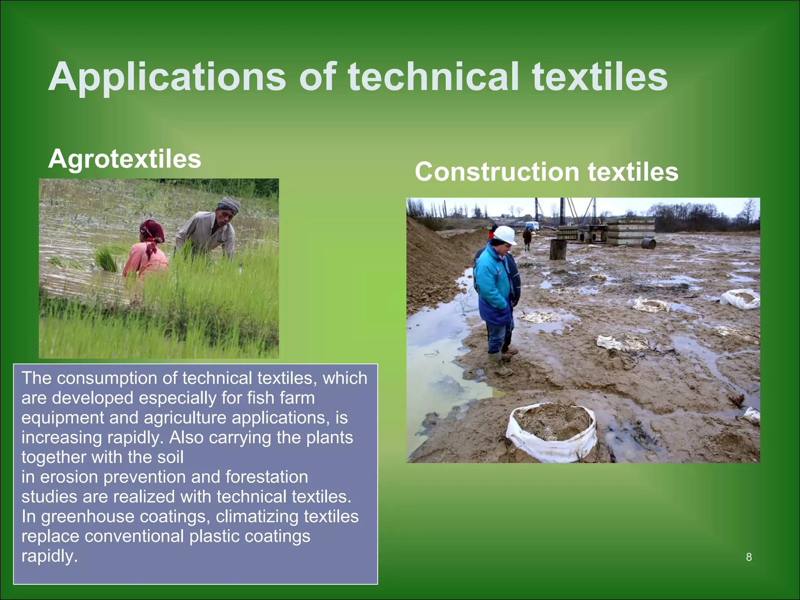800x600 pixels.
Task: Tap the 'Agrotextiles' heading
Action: click(125, 159)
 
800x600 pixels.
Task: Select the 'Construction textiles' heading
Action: click(546, 172)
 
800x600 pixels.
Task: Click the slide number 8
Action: click(749, 557)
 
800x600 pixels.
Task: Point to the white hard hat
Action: click(505, 234)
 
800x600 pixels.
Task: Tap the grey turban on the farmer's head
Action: click(229, 204)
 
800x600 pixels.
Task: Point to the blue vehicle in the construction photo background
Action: click(532, 226)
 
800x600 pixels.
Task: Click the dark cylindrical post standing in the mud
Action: click(558, 250)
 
